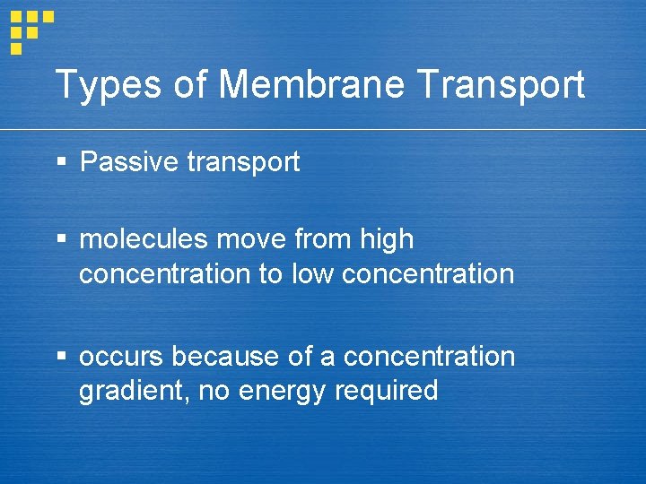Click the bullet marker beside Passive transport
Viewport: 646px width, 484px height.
pos(61,162)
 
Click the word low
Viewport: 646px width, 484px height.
pos(313,273)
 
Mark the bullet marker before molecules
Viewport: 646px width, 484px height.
pos(61,239)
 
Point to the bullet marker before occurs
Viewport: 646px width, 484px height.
pos(61,357)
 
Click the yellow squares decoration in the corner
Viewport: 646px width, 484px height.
pos(31,28)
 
